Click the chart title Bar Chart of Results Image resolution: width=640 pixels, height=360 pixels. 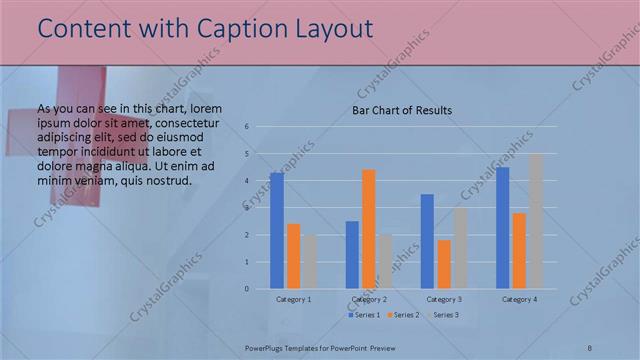(402, 110)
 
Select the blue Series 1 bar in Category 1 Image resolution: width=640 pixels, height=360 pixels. (276, 231)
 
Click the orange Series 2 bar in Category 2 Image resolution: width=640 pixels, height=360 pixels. (368, 229)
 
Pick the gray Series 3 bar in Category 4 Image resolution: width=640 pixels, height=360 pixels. (535, 221)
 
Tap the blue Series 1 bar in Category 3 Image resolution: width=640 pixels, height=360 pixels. (427, 241)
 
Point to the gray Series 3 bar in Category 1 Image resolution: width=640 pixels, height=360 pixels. (310, 262)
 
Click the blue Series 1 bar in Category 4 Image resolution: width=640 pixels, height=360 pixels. (502, 227)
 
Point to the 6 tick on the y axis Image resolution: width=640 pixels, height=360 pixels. (246, 127)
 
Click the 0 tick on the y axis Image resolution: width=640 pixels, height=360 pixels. (246, 289)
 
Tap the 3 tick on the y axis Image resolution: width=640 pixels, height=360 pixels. (246, 208)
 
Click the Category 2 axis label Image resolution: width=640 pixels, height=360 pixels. (369, 299)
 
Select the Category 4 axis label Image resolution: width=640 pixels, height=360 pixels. (519, 299)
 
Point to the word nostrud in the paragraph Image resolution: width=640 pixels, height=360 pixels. (163, 180)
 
